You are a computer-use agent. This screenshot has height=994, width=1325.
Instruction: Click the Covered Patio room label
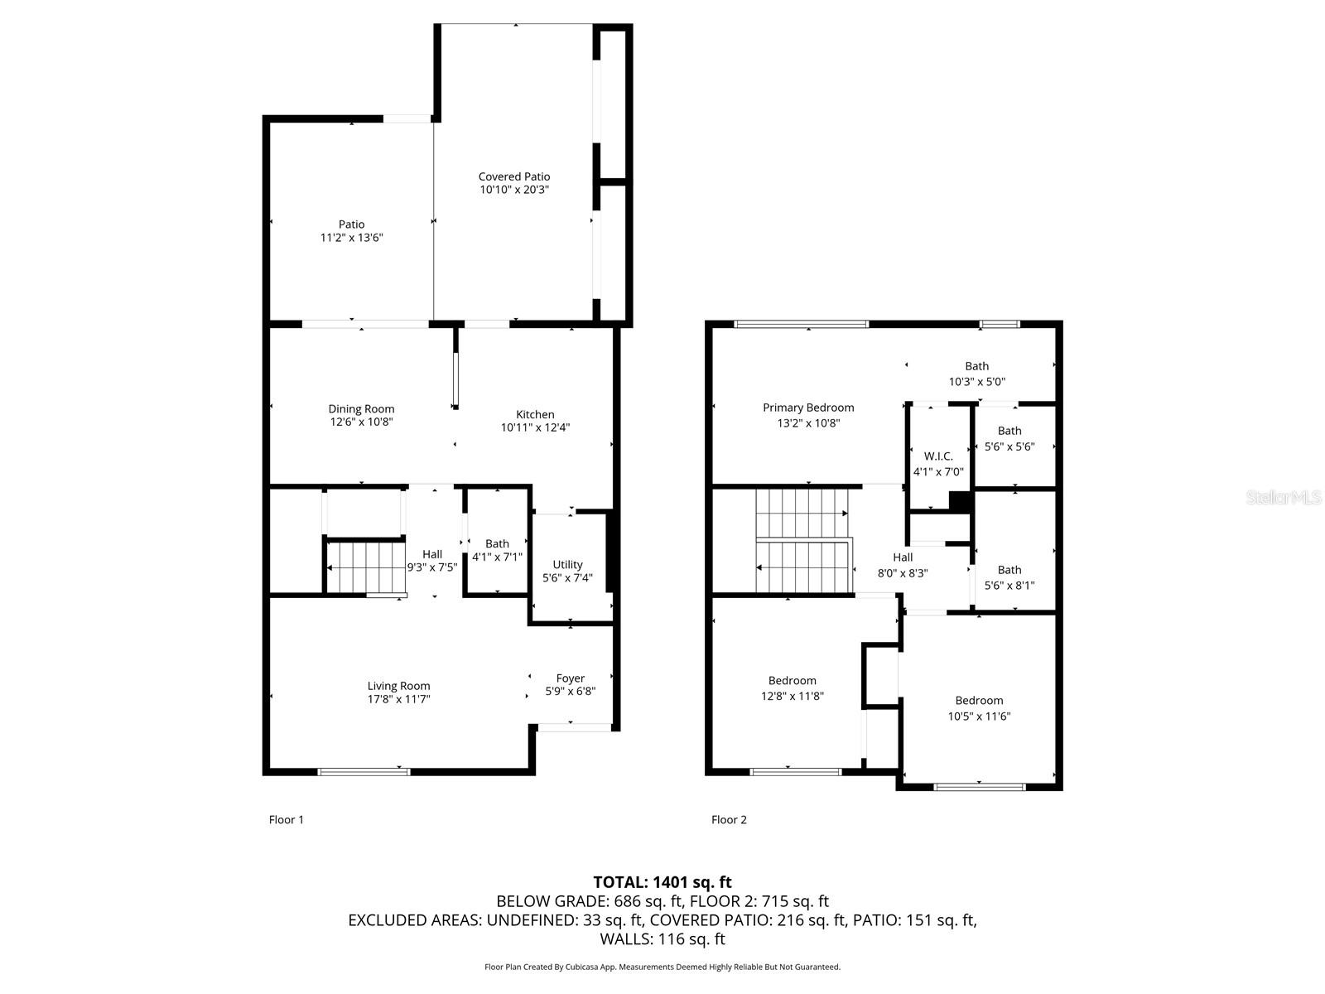[513, 176]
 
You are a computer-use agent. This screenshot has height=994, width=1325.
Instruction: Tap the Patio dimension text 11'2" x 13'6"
[351, 238]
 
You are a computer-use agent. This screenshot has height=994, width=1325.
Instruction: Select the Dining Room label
[361, 408]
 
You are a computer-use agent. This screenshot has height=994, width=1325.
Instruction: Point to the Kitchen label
[535, 414]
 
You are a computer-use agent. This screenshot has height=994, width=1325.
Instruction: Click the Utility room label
[567, 565]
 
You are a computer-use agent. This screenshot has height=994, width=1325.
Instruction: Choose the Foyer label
[570, 678]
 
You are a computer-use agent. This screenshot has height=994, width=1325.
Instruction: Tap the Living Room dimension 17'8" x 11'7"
[398, 699]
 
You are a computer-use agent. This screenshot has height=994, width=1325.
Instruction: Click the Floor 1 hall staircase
[364, 567]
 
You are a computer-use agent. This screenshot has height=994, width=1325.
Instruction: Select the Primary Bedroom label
[808, 408]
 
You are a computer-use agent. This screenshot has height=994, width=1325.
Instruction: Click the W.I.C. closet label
[938, 456]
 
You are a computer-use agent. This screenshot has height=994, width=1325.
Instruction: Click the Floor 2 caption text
[729, 820]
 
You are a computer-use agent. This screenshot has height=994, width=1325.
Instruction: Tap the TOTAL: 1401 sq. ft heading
[662, 882]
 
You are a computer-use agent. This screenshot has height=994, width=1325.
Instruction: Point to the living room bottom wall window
[364, 772]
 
